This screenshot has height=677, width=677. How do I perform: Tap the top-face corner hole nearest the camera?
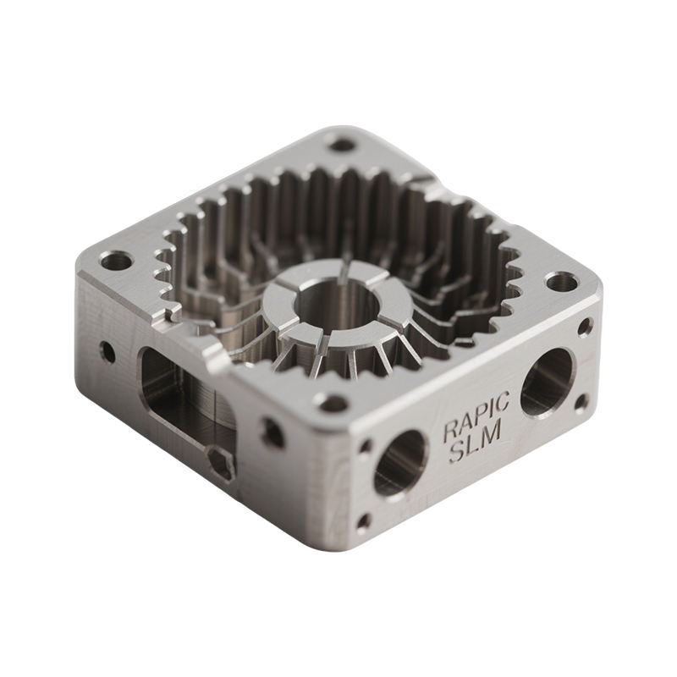pos(332,403)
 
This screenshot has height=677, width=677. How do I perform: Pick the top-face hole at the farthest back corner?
pos(343,144)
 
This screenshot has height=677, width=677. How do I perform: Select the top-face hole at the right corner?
pos(561,283)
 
